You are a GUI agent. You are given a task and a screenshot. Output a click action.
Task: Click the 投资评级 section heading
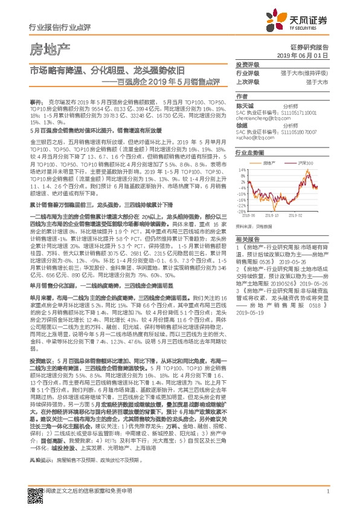(x=247, y=64)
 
